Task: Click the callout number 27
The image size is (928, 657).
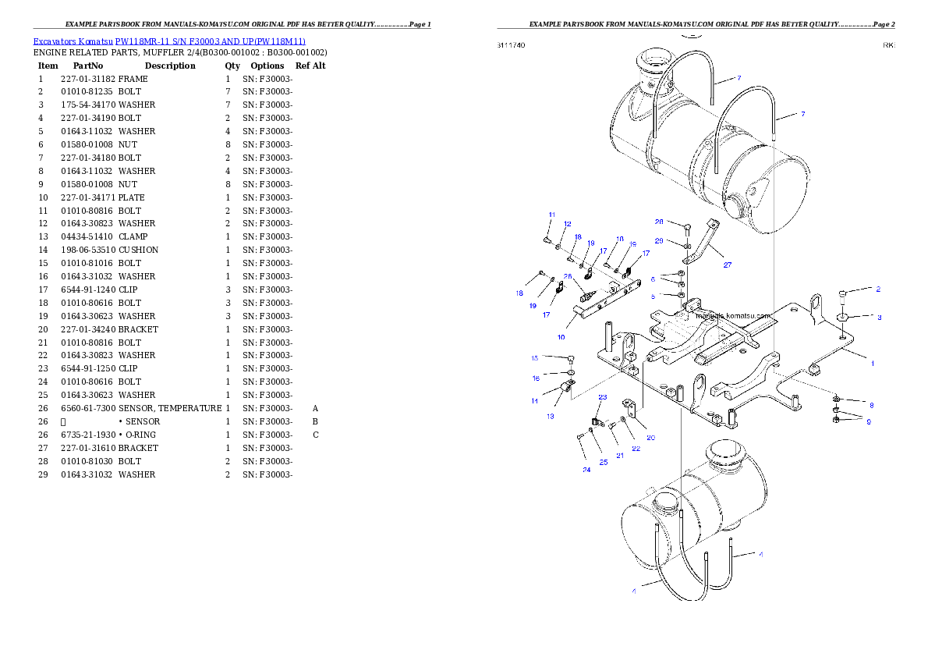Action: click(x=728, y=265)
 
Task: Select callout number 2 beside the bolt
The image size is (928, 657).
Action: click(x=878, y=289)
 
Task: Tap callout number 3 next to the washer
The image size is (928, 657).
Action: click(x=879, y=318)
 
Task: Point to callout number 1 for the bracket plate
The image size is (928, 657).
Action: click(x=873, y=364)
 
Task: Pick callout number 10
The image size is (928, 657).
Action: click(x=561, y=338)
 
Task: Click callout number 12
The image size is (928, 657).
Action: click(x=568, y=224)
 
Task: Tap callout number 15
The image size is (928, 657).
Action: click(x=535, y=358)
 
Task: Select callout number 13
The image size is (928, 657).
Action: click(x=550, y=417)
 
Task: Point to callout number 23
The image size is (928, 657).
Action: click(x=602, y=397)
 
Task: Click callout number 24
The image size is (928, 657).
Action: click(x=586, y=471)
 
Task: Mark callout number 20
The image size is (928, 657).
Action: click(x=650, y=438)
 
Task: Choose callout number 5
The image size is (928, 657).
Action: click(x=653, y=297)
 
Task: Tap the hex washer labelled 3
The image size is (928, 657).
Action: click(x=842, y=318)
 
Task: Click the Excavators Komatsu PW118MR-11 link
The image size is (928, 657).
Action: click(x=169, y=41)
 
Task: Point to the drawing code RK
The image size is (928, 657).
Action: click(x=888, y=45)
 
